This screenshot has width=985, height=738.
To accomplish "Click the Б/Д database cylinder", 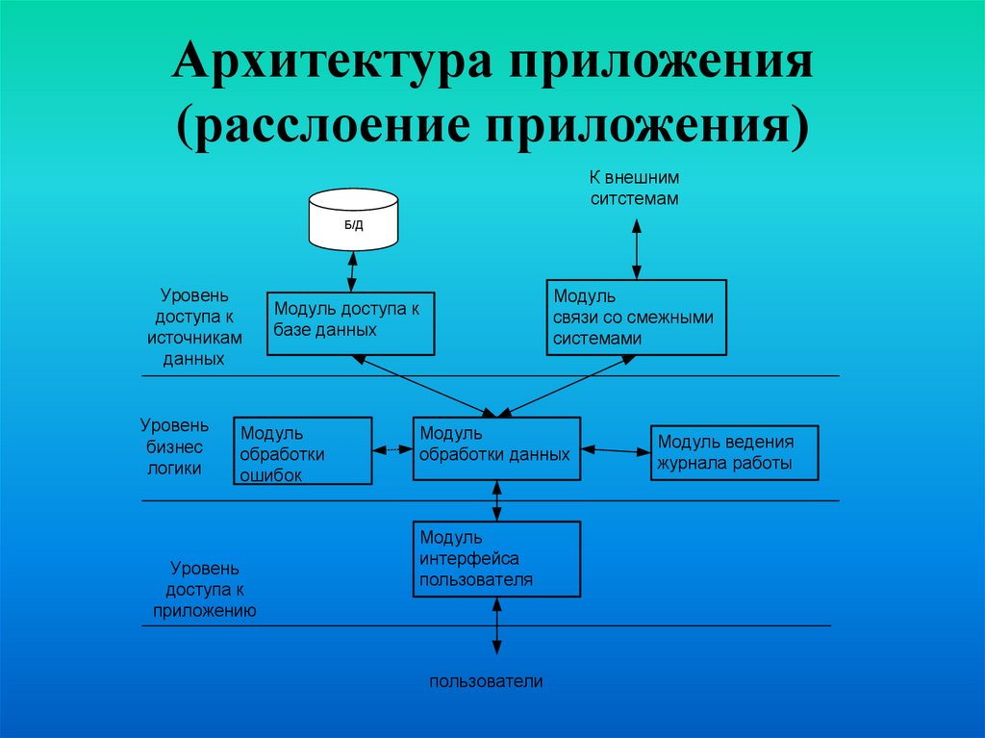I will (x=353, y=218).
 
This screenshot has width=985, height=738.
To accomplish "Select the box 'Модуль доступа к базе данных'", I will (x=350, y=323).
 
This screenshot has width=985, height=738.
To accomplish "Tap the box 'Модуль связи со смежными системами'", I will (x=636, y=318).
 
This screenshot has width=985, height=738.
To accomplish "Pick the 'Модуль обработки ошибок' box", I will (x=303, y=450).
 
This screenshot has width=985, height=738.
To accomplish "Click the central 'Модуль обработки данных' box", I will (x=496, y=447).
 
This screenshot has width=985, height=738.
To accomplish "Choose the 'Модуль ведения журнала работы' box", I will (x=734, y=452).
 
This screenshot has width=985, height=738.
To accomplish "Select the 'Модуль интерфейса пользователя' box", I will (x=496, y=559).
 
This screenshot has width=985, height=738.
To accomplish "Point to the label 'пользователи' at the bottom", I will (x=487, y=681).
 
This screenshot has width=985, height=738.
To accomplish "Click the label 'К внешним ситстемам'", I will (x=635, y=188).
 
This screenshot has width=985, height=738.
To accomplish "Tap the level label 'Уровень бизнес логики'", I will (x=174, y=446).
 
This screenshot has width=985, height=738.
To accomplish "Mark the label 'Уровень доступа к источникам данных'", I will (x=193, y=325).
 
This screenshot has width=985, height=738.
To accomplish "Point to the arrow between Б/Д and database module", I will (x=353, y=270).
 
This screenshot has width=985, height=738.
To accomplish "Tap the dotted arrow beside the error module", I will (x=392, y=448).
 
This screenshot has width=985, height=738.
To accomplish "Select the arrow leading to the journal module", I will (x=616, y=449).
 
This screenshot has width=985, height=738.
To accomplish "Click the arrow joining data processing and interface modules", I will (x=496, y=500).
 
